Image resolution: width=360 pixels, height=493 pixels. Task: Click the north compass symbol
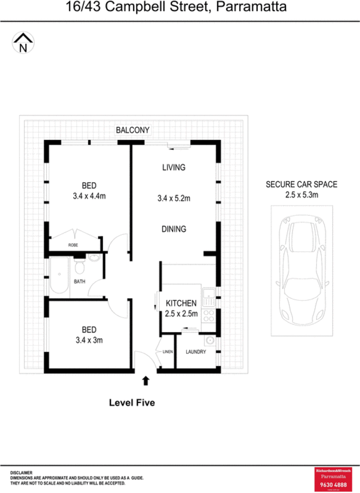(23, 43)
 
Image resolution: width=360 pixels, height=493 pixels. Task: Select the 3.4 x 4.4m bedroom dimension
(89, 197)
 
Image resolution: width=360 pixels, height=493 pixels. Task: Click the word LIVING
(174, 167)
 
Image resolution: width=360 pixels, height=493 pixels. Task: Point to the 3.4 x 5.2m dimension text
(174, 198)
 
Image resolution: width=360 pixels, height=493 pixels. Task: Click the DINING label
(174, 229)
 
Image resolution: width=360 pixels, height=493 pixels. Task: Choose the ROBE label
(73, 245)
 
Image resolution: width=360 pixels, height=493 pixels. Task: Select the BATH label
(79, 282)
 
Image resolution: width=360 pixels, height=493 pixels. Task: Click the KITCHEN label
(181, 304)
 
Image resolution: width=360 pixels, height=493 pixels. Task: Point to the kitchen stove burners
(209, 316)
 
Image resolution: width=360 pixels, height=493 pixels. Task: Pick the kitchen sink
(209, 294)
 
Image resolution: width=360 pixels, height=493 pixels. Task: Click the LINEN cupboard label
(167, 352)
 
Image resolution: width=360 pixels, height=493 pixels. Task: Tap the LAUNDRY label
(195, 352)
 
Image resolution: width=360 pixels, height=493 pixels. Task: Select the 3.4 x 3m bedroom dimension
(89, 341)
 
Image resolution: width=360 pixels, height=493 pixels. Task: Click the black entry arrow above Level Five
(146, 380)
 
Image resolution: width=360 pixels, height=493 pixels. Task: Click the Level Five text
(132, 403)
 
